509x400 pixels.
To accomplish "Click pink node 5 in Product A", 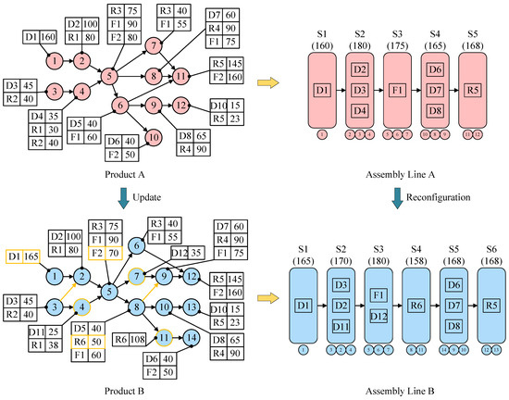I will click(109, 76).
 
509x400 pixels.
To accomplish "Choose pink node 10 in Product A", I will click(152, 139).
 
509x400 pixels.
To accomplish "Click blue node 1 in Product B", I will click(55, 275).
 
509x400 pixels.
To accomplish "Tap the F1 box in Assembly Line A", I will click(397, 91).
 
